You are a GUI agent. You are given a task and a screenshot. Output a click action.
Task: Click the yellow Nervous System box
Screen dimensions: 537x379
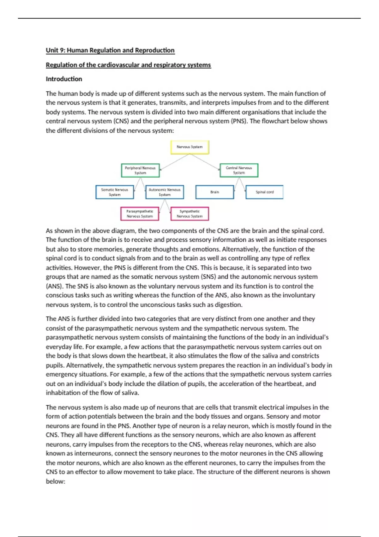[189, 147]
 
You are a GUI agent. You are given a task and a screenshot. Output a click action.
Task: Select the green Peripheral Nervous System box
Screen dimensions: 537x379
[140, 171]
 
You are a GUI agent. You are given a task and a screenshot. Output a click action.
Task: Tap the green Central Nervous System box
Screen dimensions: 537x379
[239, 171]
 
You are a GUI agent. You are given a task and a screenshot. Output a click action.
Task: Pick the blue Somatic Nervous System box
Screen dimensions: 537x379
[115, 192]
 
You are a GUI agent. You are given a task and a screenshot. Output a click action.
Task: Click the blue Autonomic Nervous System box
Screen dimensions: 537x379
[165, 192]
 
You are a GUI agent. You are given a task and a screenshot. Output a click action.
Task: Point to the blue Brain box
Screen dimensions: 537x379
[214, 192]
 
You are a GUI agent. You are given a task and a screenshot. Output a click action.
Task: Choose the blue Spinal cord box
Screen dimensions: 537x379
[264, 192]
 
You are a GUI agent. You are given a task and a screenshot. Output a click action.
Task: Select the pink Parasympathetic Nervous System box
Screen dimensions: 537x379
[140, 214]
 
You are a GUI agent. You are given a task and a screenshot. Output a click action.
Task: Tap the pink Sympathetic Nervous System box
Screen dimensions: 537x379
[189, 214]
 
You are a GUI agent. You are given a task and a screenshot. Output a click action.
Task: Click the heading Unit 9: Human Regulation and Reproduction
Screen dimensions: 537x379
[110, 50]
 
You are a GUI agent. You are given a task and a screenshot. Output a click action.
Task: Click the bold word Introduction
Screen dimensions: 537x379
[64, 79]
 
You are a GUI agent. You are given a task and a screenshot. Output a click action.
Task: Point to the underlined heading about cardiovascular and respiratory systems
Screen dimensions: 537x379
[128, 65]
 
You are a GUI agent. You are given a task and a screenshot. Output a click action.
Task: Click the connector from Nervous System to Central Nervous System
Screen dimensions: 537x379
[205, 162]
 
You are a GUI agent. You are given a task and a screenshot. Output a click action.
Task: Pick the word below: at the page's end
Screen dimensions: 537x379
[55, 481]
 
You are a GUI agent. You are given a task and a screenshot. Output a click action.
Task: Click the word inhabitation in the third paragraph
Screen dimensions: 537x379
[63, 393]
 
